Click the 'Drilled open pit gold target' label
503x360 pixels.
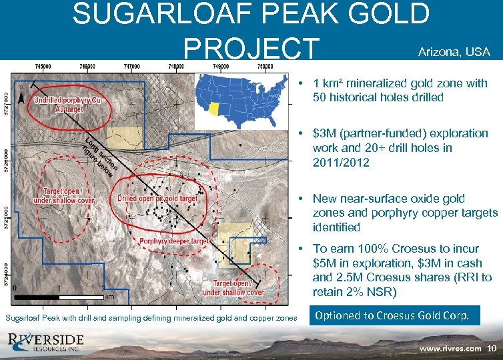[x=157, y=199]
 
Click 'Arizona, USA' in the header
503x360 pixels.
[x=453, y=52]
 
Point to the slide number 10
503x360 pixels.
[x=492, y=348]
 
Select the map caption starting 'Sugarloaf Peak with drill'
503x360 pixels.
[x=151, y=318]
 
